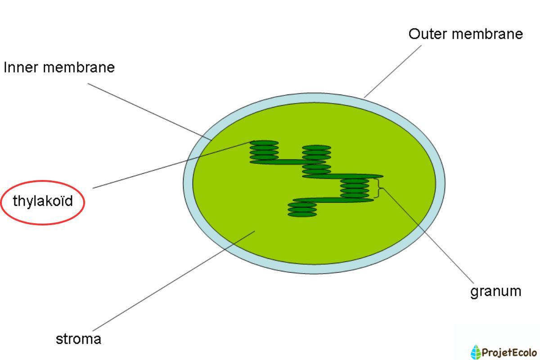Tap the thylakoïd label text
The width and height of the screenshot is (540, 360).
pos(42,201)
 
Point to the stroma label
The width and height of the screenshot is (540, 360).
pos(78,339)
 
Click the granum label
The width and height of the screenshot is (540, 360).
pos(495,292)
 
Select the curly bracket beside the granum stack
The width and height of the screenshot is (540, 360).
pos(379,188)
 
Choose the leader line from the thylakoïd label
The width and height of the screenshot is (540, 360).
pos(171,165)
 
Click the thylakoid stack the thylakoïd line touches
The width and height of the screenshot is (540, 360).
pos(264,151)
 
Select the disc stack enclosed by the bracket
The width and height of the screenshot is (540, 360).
pos(355,188)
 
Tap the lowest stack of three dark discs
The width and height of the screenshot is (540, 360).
pos(302,210)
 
